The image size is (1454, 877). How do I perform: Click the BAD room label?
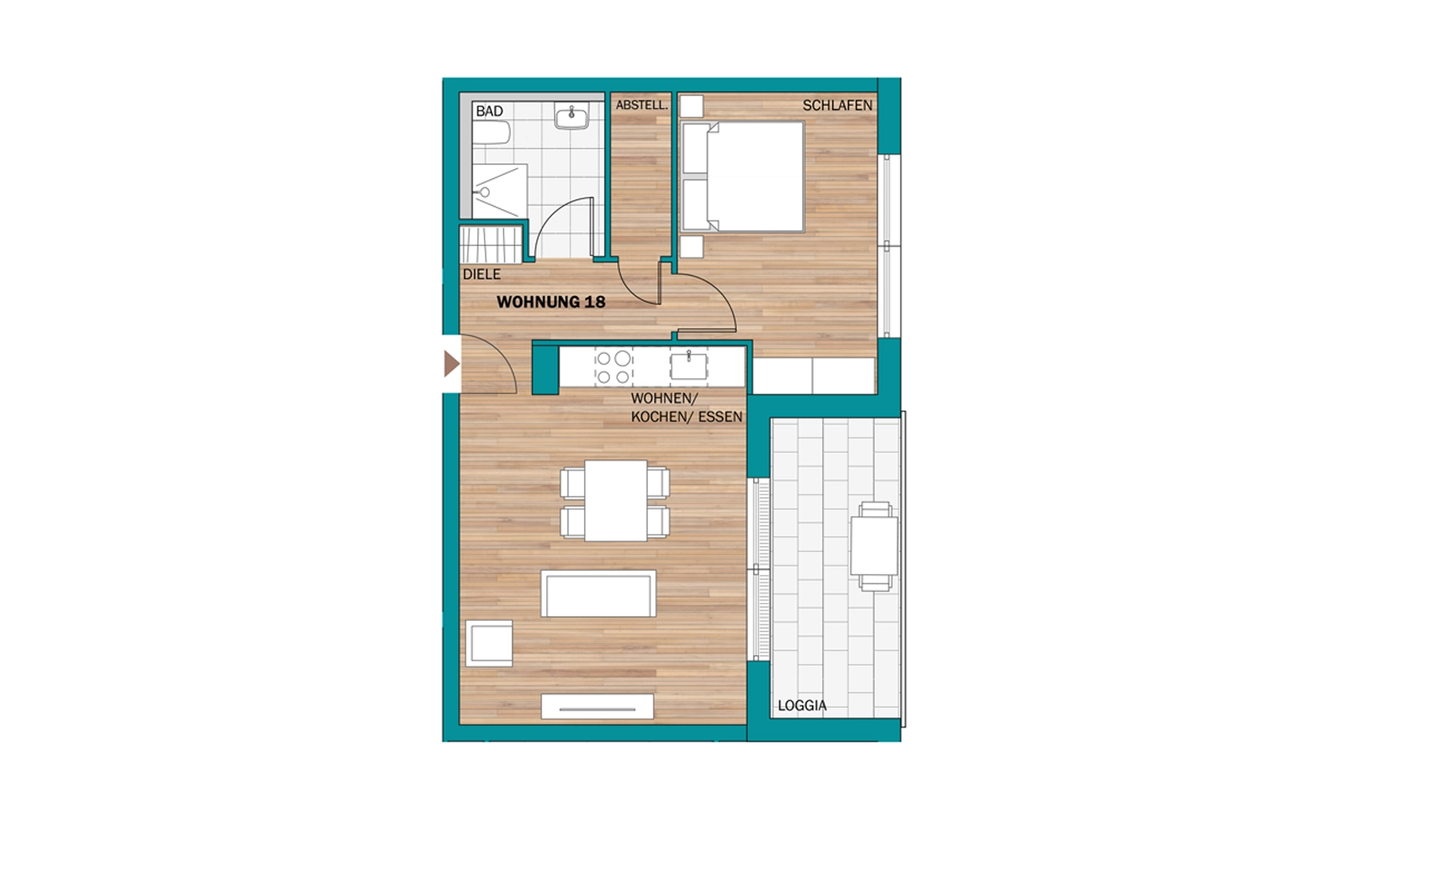489,111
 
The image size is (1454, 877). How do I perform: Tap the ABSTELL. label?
642,105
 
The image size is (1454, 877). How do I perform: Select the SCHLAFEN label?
838,105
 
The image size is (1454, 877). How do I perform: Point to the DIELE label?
482,274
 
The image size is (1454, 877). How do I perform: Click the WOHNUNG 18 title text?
551,302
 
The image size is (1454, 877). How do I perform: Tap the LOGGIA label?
802,706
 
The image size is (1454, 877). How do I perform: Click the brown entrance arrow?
451,364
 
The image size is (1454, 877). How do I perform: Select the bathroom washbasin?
572,117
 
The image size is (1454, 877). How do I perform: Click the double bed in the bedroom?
742,176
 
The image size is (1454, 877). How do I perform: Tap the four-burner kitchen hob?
613,367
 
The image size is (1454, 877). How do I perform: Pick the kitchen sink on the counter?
688,367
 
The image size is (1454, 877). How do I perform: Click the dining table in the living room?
616,501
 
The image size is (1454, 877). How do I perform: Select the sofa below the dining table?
598,594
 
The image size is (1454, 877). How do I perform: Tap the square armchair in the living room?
489,644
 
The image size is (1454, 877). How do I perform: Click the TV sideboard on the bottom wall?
598,707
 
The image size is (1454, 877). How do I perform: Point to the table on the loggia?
874,545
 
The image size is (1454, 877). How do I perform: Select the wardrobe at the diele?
491,243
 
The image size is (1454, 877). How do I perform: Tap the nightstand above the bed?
691,106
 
